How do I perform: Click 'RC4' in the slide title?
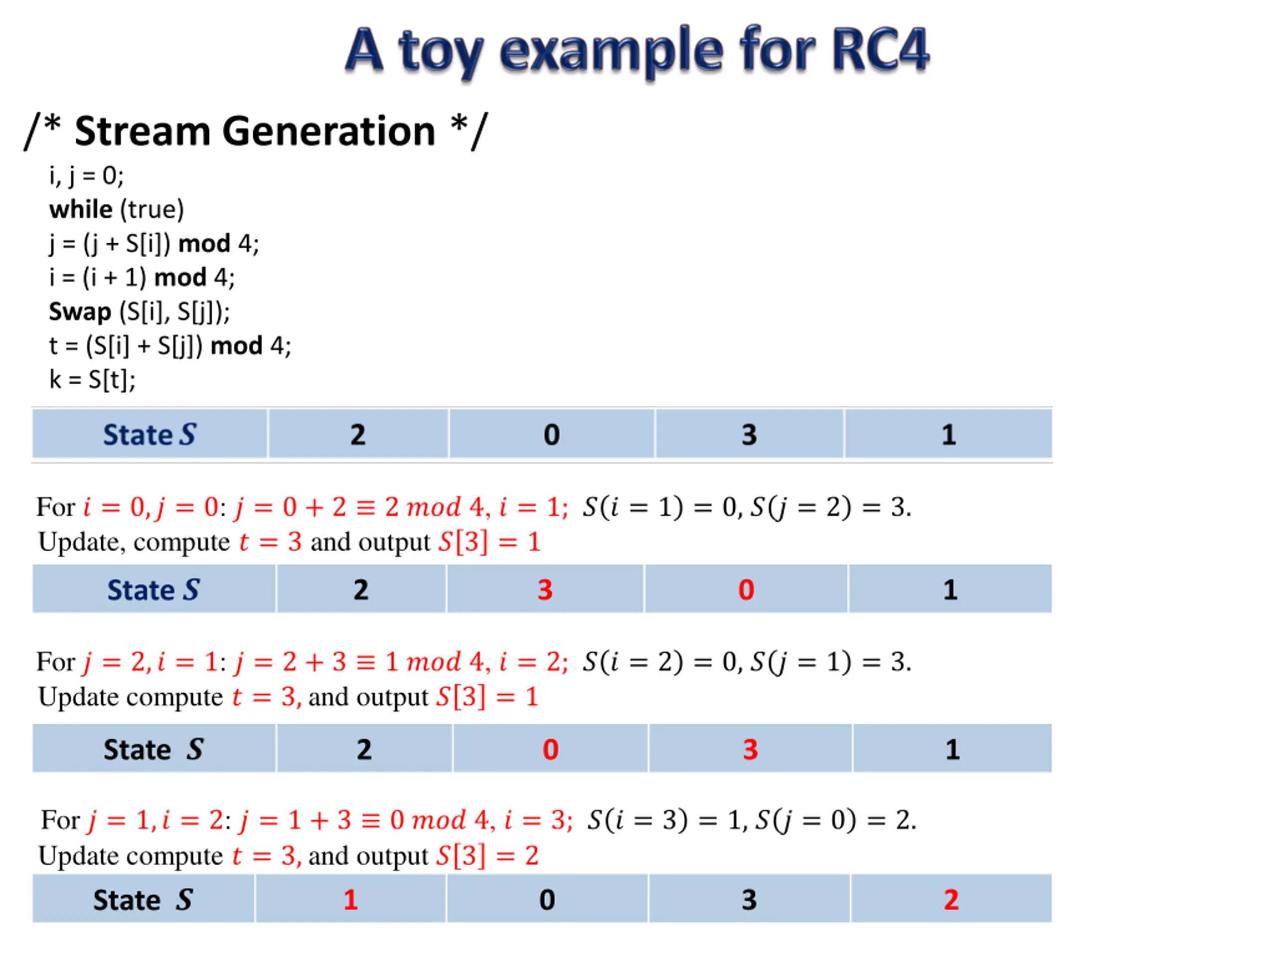tap(879, 50)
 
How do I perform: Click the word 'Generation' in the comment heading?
tap(328, 132)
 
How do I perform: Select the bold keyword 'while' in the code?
tap(81, 209)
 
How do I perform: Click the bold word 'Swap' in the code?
tap(80, 312)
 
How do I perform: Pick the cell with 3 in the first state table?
tap(749, 434)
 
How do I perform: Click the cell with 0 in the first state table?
tap(551, 434)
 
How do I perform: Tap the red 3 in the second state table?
tap(545, 590)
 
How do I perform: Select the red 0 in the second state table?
tap(746, 590)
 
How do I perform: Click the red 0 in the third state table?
tap(550, 749)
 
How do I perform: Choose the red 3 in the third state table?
tap(750, 749)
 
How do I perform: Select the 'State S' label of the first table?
tap(150, 434)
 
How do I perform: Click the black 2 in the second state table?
tap(360, 590)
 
